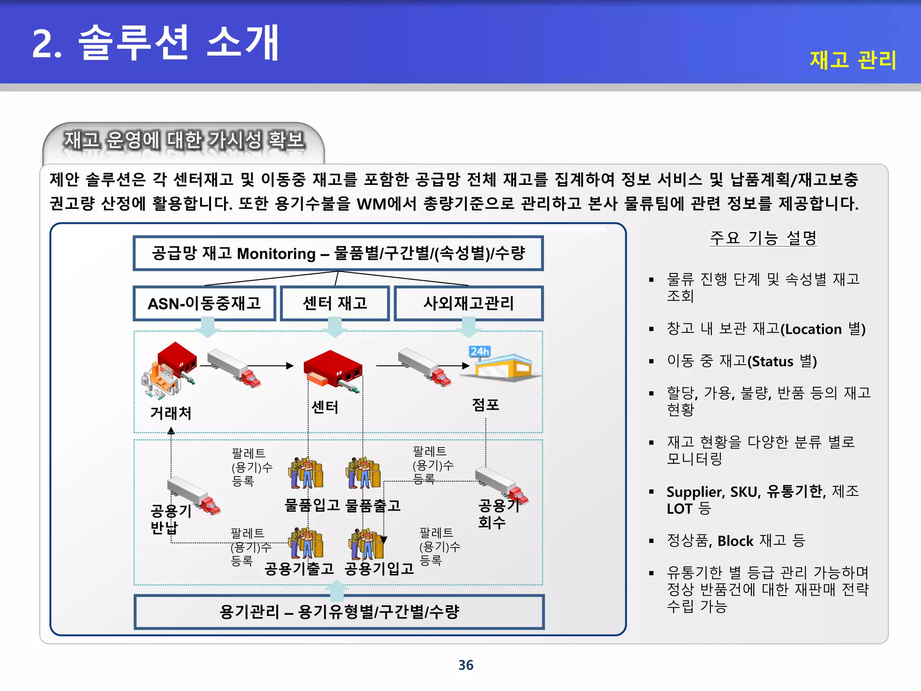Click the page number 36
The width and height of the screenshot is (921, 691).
tap(465, 665)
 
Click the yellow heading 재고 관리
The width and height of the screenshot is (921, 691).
tap(853, 60)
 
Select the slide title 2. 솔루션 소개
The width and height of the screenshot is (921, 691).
tap(156, 43)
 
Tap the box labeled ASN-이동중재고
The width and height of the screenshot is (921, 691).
tap(204, 303)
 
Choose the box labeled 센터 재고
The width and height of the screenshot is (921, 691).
tap(335, 303)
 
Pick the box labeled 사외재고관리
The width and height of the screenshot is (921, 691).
tap(469, 303)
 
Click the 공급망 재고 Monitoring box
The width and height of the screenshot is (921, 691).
tap(338, 253)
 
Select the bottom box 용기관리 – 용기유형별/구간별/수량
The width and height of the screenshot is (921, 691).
tap(339, 612)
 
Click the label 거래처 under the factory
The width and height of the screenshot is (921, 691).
tap(171, 413)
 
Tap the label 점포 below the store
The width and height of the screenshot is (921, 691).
tap(486, 404)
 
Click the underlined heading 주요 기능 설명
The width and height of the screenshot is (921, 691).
tap(763, 238)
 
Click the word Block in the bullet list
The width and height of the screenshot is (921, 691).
tap(735, 541)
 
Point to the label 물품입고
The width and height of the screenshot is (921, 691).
tap(312, 505)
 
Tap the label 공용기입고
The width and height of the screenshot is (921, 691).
tap(379, 569)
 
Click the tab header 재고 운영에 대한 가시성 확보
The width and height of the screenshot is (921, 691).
tap(184, 140)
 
